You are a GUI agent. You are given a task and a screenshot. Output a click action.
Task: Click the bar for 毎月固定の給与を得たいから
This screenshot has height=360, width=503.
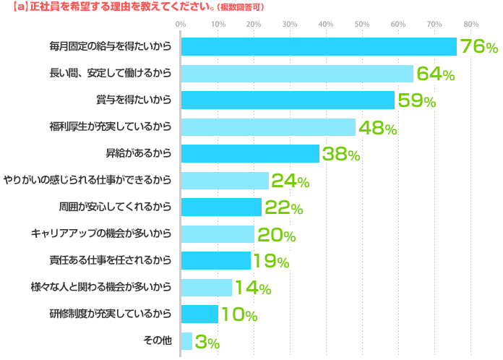(318, 47)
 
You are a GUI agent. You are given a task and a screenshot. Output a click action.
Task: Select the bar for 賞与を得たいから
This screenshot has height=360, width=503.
(288, 100)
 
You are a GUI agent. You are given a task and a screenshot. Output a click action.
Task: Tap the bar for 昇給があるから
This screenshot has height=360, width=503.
(249, 154)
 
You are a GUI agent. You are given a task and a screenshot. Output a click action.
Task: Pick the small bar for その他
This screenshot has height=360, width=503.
(186, 340)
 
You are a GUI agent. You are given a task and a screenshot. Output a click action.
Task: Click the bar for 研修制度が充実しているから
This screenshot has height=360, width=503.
(199, 314)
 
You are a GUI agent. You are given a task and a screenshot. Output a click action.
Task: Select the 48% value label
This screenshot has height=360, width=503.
(377, 129)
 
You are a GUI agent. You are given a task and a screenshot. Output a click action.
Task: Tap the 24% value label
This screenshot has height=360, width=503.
(290, 182)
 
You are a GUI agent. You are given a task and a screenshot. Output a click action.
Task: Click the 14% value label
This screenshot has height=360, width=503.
(253, 288)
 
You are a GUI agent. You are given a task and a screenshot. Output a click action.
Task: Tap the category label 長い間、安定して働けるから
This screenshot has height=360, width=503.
(111, 74)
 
